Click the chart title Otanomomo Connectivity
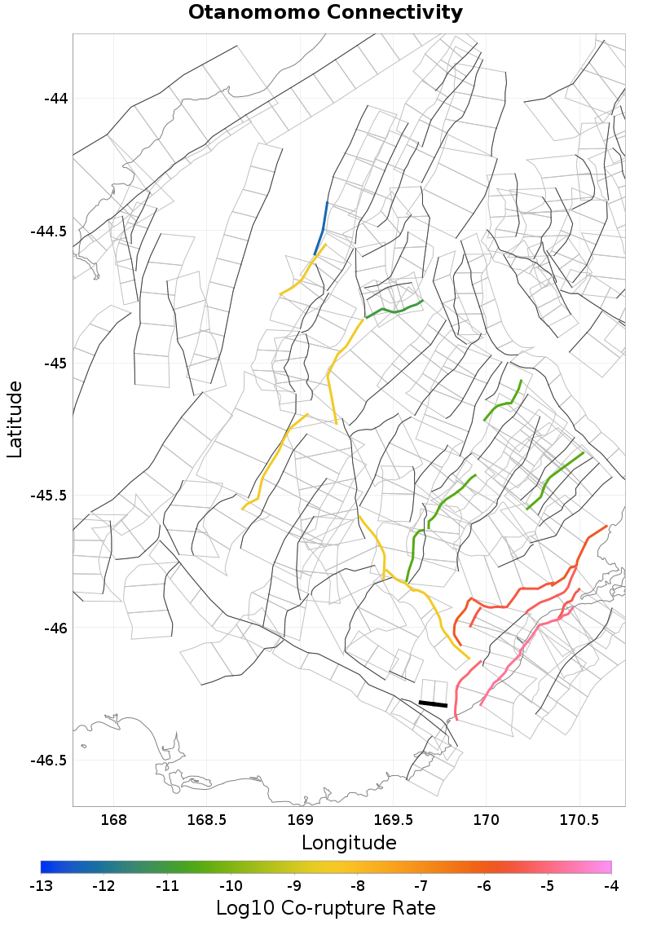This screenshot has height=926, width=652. tap(325, 13)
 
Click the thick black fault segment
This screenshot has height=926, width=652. tap(433, 703)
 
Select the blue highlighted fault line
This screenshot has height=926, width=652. tap(321, 229)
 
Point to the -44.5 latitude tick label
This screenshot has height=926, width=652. tap(50, 231)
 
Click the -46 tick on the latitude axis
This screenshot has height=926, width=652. tap(55, 628)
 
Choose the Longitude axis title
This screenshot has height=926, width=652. tap(349, 842)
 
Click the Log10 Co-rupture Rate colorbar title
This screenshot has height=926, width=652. tap(326, 907)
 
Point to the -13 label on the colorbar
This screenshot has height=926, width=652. tap(41, 885)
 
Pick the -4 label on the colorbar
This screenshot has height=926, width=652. tap(611, 885)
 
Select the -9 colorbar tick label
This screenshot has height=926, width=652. tap(294, 885)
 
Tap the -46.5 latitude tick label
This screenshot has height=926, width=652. tap(50, 761)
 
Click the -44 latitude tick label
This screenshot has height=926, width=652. tap(55, 99)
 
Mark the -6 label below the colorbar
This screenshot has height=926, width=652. tap(484, 885)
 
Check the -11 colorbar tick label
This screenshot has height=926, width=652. tap(167, 885)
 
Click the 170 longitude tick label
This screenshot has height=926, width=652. tap(487, 819)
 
